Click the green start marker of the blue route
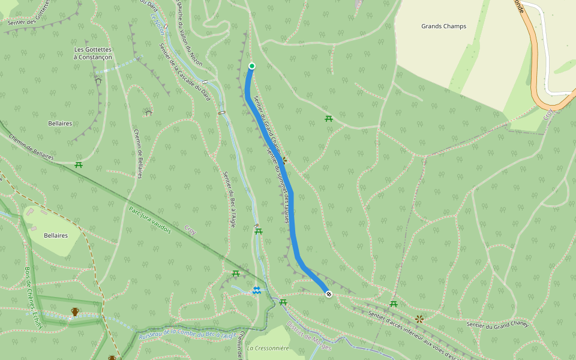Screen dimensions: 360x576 252,66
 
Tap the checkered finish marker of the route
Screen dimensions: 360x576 329,293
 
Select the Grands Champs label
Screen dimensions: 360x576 443,26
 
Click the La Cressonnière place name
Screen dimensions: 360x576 268,348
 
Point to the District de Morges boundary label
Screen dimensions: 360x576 309,332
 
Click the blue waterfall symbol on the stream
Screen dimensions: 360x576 256,290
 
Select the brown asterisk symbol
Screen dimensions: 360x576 419,319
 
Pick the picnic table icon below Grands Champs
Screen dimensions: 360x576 329,119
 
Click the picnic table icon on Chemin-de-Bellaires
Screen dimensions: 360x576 79,164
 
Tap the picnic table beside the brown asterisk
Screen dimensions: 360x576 394,304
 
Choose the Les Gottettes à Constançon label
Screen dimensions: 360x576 92,53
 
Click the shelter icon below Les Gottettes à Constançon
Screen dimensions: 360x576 98,80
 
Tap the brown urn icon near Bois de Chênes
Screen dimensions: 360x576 75,311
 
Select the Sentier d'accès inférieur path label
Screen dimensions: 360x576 414,333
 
